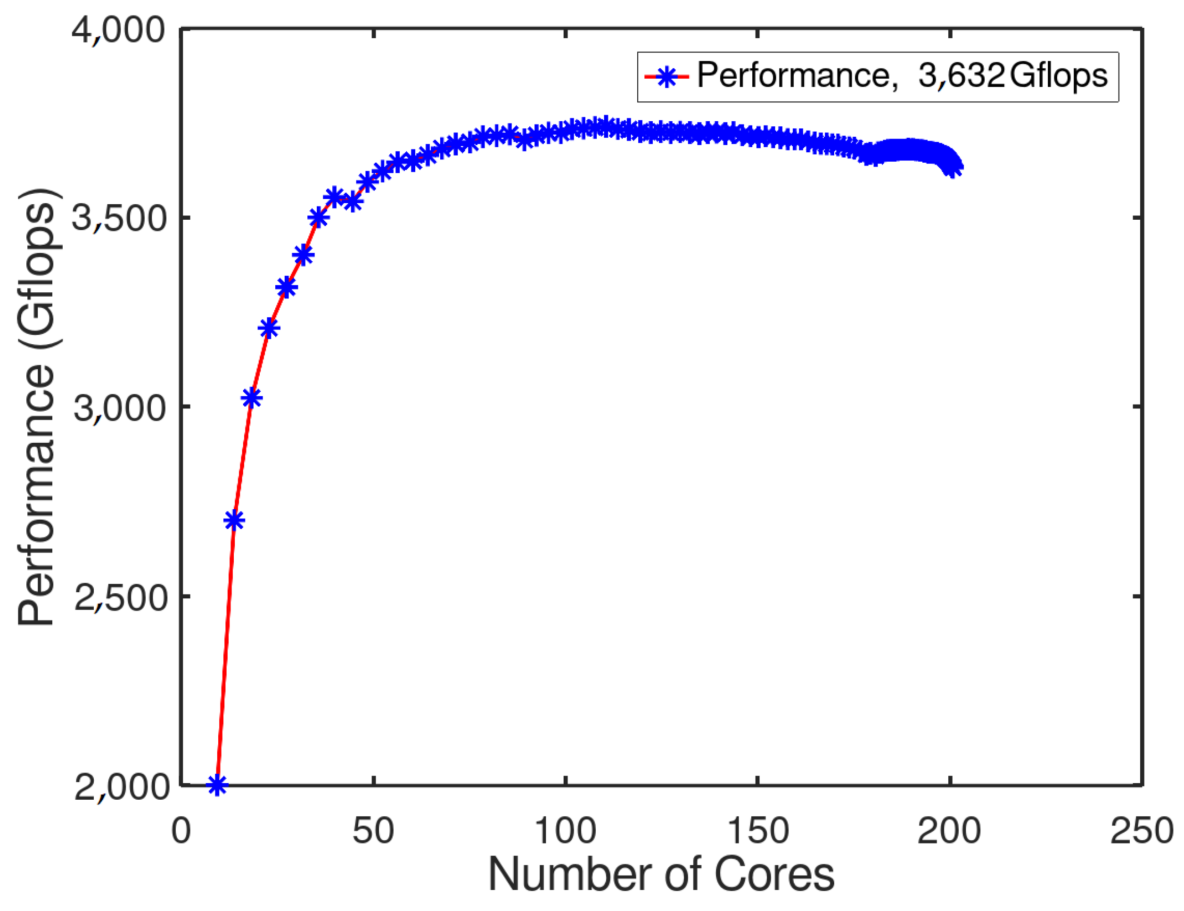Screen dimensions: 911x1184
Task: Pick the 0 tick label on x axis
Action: [x=181, y=831]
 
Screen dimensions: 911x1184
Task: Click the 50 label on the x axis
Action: [x=373, y=831]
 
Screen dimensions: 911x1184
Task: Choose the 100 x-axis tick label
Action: [x=566, y=831]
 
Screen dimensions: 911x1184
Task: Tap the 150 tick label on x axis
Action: [x=757, y=831]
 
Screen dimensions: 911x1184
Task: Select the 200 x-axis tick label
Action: [x=949, y=831]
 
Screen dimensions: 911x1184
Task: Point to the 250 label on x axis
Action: [x=1142, y=831]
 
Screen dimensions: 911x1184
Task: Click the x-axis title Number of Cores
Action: [x=661, y=874]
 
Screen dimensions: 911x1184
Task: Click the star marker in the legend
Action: [x=666, y=77]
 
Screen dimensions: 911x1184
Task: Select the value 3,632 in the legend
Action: [x=961, y=76]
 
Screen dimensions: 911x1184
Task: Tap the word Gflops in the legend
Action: [x=1059, y=76]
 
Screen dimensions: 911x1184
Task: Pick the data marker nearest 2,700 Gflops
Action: [x=234, y=521]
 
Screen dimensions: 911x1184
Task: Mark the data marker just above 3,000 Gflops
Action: [x=251, y=398]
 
